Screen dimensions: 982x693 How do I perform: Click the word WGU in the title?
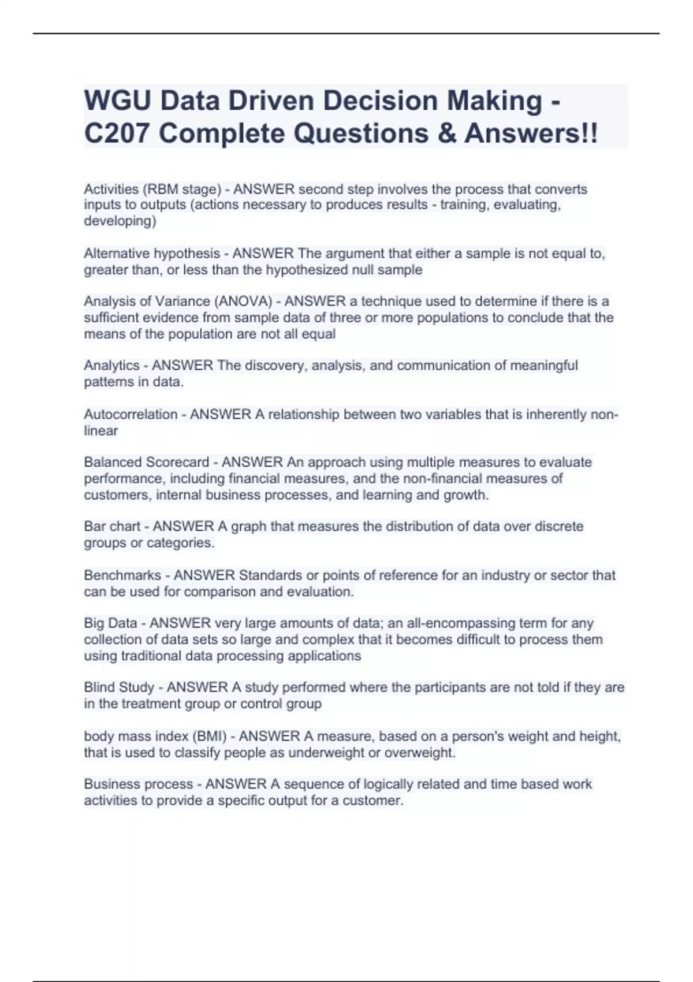(x=118, y=101)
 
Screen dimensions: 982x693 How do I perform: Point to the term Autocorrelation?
(x=131, y=415)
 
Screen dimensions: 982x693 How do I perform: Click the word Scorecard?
(x=177, y=462)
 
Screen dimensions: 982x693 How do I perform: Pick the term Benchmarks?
(x=122, y=575)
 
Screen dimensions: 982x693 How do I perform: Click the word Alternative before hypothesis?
(x=115, y=254)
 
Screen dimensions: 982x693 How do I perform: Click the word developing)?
(x=120, y=221)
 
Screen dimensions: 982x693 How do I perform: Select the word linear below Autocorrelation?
(x=100, y=431)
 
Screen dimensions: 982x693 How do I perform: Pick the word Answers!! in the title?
(x=531, y=134)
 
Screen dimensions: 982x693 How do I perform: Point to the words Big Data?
(x=110, y=623)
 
